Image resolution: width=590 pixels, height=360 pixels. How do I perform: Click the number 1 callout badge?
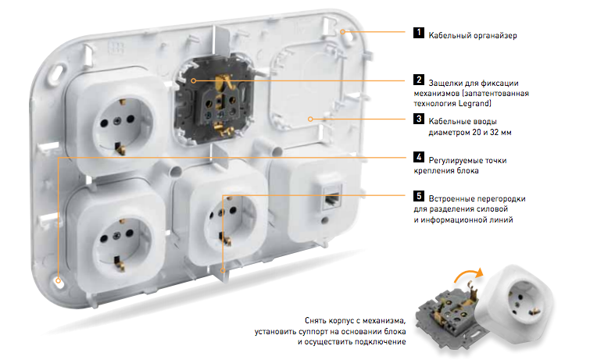pyautogui.click(x=418, y=33)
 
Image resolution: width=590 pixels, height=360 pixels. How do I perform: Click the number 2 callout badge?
pyautogui.click(x=418, y=80)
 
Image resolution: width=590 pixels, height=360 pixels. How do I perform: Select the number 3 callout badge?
pyautogui.click(x=418, y=119)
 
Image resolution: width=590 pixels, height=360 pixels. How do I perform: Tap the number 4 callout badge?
pyautogui.click(x=418, y=157)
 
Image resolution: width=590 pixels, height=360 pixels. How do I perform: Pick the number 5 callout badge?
pyautogui.click(x=418, y=195)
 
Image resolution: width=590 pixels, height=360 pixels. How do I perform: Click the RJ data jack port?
pyautogui.click(x=332, y=198)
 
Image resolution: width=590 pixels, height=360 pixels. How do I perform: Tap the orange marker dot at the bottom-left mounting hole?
pyautogui.click(x=59, y=280)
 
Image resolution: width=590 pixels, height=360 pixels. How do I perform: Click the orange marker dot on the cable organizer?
pyautogui.click(x=342, y=32)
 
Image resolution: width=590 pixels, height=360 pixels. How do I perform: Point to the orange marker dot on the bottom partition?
pyautogui.click(x=223, y=270)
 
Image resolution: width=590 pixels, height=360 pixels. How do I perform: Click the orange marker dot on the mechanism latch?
pyautogui.click(x=193, y=80)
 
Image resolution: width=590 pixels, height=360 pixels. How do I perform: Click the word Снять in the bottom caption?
pyautogui.click(x=315, y=321)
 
